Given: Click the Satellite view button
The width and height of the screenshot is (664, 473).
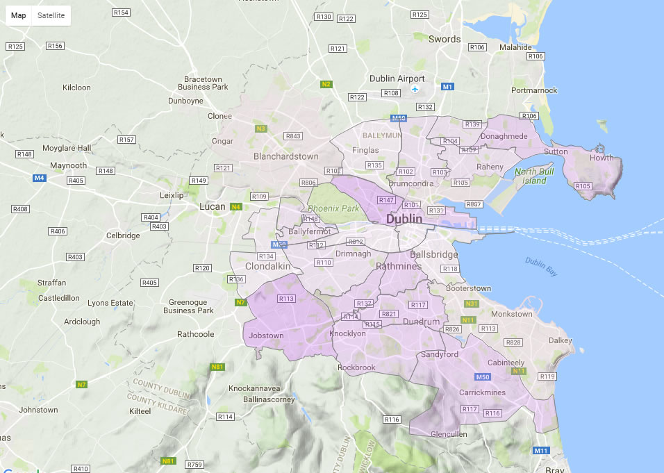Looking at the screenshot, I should pos(51,15).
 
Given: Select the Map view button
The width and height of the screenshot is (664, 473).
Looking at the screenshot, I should pos(19,15).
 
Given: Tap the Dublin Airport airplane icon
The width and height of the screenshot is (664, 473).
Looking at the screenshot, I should pos(415,90).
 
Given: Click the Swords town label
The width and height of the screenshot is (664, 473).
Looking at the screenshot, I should pos(445,40).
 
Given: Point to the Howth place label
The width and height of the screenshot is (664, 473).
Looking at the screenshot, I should pos(601,158).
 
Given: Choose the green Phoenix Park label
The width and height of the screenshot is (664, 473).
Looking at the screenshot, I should pos(334,208).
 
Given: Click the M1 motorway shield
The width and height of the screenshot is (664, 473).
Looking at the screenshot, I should pos(448,87).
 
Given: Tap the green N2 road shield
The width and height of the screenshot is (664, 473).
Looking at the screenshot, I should pos(326,84).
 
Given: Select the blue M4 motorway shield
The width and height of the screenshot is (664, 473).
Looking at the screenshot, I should pos(40,178).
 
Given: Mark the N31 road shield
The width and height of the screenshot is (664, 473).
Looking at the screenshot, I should pos(472,304).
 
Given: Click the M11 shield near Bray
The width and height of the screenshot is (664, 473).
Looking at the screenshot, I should pos(541,451).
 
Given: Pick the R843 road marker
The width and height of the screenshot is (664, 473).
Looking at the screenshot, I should pos(293,136).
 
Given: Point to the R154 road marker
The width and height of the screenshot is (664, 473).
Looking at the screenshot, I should pos(121,13).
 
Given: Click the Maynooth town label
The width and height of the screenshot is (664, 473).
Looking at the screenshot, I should pos(69,165).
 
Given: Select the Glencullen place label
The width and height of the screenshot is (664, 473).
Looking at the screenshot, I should pos(449,434).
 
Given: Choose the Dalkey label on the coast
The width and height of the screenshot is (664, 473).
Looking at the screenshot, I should pos(560,340).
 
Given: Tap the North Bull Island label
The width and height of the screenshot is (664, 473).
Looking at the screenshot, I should pos(540,176).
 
